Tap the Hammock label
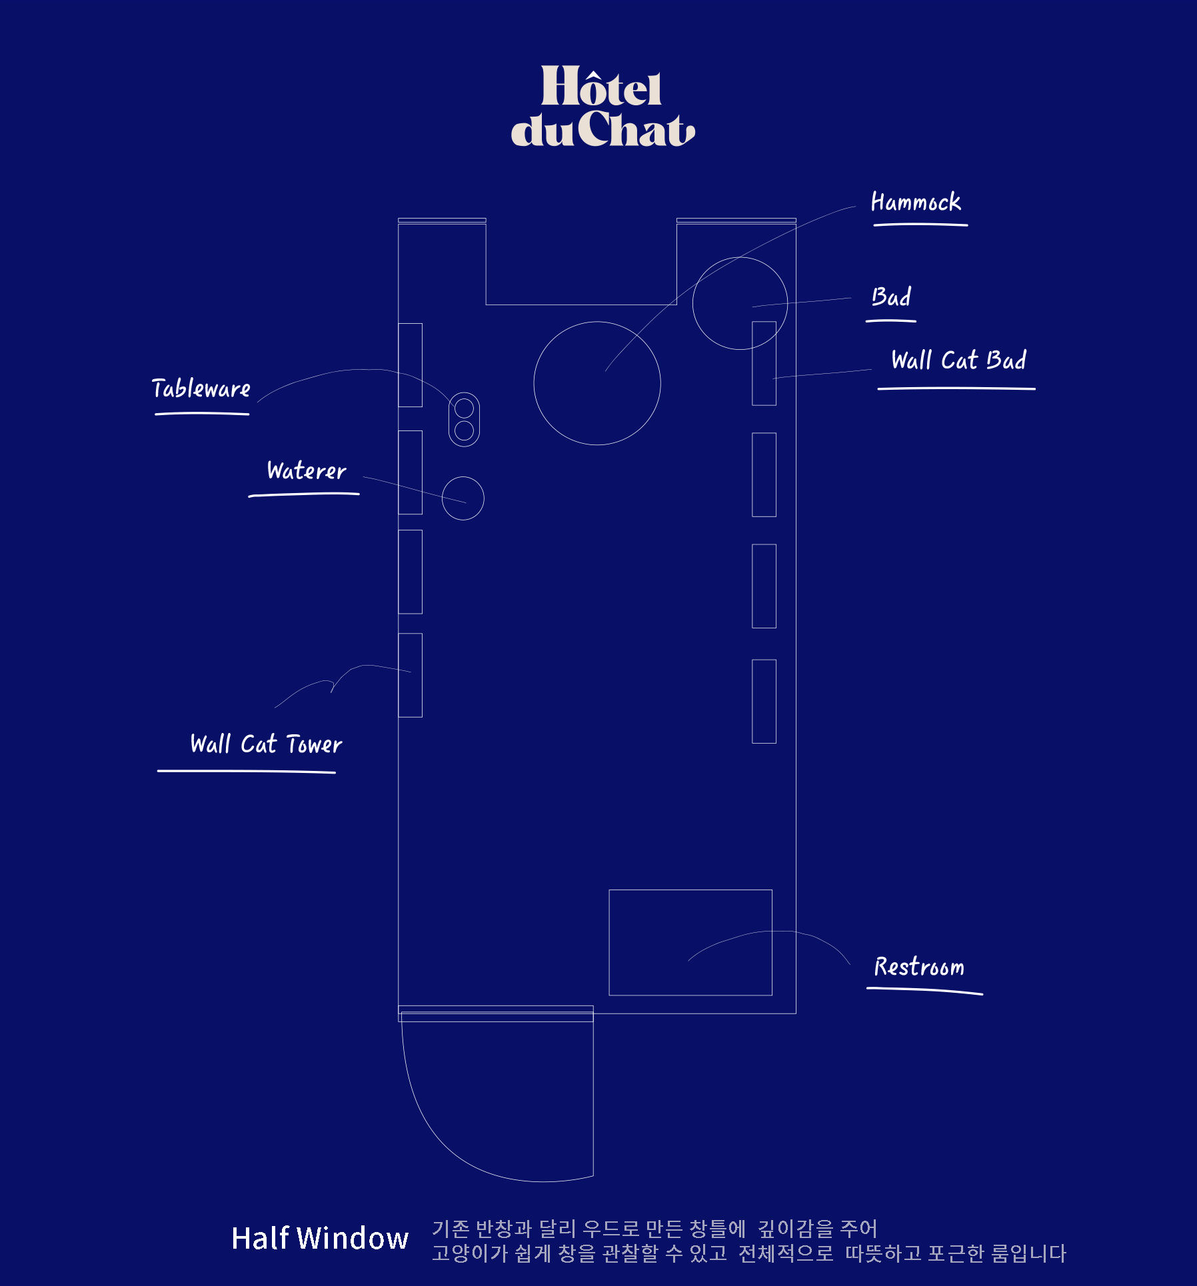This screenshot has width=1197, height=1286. [x=916, y=202]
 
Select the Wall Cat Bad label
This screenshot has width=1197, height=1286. [x=958, y=360]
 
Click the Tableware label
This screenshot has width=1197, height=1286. [x=201, y=388]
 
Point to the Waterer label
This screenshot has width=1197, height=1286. [x=307, y=470]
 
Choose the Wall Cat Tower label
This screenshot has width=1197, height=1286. [x=266, y=744]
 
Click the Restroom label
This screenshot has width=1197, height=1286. [x=919, y=966]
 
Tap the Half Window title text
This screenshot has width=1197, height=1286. [x=320, y=1238]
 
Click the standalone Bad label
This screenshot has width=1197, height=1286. [x=891, y=297]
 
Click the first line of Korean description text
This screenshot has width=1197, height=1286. [x=654, y=1228]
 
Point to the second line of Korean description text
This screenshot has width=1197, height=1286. [x=749, y=1253]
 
